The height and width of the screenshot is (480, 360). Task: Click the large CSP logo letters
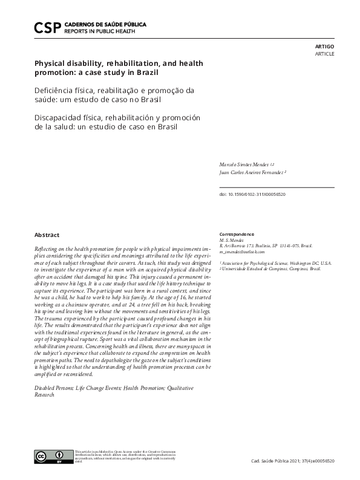tap(48, 27)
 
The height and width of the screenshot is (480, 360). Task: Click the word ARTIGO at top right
tap(325, 46)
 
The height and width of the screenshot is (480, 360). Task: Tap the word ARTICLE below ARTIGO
tap(324, 54)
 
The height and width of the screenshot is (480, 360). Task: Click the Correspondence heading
tap(237, 234)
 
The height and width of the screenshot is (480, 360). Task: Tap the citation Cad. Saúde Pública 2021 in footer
tap(292, 461)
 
